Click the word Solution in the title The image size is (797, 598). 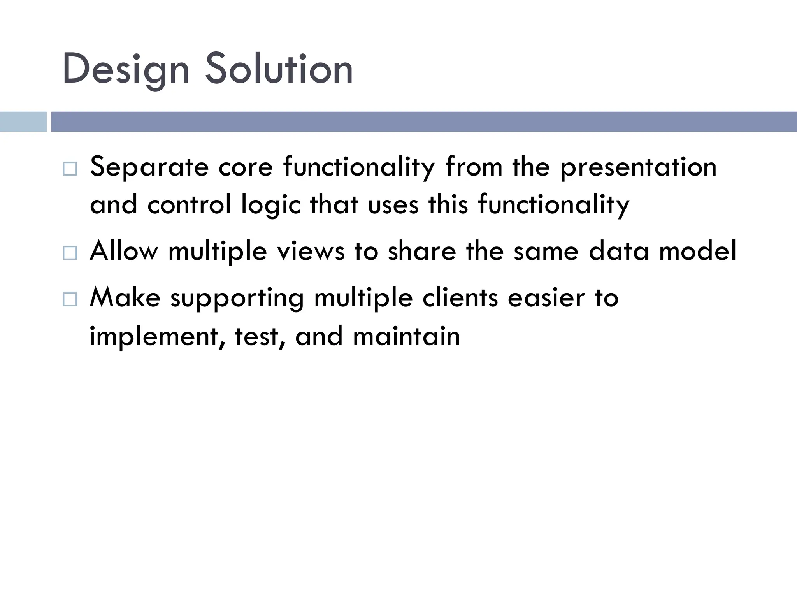click(x=279, y=69)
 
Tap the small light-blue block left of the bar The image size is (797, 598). click(x=23, y=121)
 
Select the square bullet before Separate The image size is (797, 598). click(x=70, y=169)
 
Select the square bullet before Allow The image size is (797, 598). click(x=70, y=253)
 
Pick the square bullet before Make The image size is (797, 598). click(x=70, y=299)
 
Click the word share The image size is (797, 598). click(x=422, y=252)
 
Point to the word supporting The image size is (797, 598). click(x=237, y=299)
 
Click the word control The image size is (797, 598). click(x=189, y=205)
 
